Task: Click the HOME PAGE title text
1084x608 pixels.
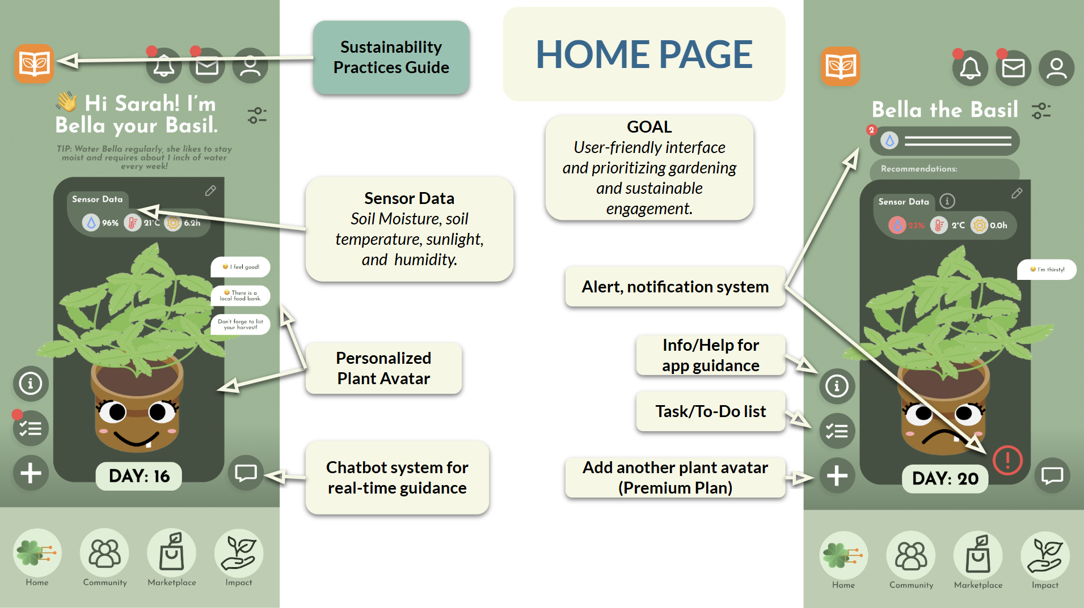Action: click(644, 54)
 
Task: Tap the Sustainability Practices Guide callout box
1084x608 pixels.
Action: click(391, 57)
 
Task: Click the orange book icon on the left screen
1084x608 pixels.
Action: click(34, 63)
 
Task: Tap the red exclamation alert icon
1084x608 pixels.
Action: click(1007, 460)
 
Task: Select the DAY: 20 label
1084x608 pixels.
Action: click(945, 479)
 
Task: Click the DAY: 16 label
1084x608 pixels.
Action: click(139, 476)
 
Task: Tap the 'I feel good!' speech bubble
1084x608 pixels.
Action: click(241, 267)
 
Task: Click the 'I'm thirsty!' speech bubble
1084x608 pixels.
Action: click(1047, 270)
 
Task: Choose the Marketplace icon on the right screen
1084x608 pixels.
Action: click(978, 555)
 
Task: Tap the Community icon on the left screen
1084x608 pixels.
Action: click(104, 553)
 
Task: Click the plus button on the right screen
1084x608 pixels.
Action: click(837, 476)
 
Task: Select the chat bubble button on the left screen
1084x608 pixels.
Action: click(246, 473)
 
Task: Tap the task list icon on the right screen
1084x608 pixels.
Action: click(837, 431)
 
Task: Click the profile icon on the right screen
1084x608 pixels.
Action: click(1056, 69)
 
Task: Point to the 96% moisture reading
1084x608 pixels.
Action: click(102, 223)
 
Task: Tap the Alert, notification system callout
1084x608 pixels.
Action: click(675, 287)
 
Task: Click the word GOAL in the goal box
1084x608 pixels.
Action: click(649, 127)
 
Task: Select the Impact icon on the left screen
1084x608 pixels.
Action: click(239, 553)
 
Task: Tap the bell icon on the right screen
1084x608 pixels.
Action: click(970, 69)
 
